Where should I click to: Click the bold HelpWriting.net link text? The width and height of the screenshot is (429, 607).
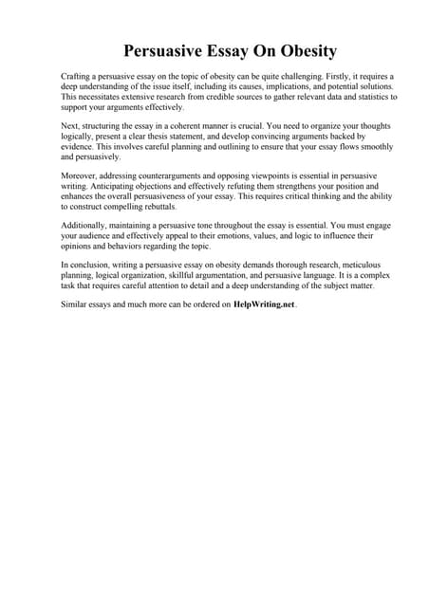(265, 304)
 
